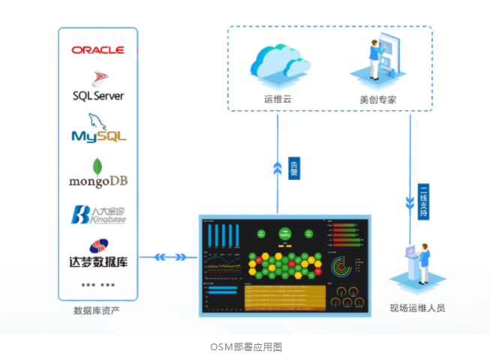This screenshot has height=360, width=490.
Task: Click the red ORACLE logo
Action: (x=98, y=49)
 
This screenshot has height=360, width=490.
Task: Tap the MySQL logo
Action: (x=98, y=130)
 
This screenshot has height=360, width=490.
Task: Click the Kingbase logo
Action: (x=98, y=215)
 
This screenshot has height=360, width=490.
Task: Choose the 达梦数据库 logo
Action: (x=98, y=256)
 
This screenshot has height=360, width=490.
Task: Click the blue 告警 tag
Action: (x=295, y=165)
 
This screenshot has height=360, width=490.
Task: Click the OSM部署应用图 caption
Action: (x=245, y=346)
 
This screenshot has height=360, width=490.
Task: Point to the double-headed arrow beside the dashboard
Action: (x=170, y=257)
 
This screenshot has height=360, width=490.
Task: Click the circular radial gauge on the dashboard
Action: (x=343, y=266)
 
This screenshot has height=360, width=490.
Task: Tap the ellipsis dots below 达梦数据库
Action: (x=98, y=285)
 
